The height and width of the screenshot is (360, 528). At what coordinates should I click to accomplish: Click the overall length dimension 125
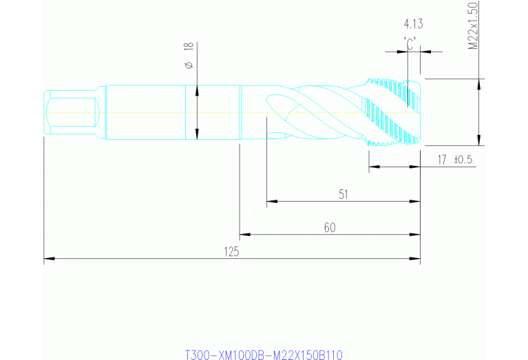[x=231, y=252]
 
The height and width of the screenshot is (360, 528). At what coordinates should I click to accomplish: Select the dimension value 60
[x=329, y=227]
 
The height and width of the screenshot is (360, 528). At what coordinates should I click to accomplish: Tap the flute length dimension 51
[x=343, y=194]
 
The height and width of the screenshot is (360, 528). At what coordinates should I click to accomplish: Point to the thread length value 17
[x=443, y=160]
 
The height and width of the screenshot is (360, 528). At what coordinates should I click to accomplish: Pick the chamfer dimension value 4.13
[x=413, y=23]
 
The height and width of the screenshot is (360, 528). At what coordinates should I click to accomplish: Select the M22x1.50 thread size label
[x=473, y=26]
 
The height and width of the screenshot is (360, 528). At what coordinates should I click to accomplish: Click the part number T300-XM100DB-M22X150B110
[x=264, y=354]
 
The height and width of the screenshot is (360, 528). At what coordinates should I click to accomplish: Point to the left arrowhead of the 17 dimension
[x=373, y=167]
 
